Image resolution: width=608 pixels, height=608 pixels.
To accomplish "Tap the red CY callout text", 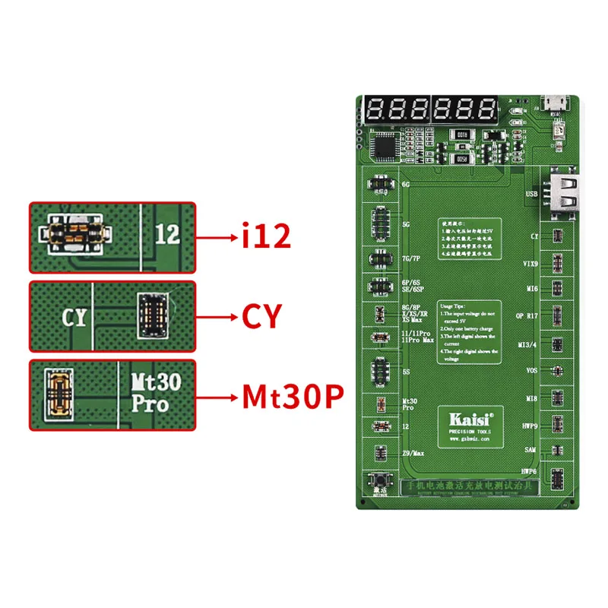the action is (x=263, y=315).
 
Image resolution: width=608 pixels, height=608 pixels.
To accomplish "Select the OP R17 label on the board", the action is (x=529, y=314).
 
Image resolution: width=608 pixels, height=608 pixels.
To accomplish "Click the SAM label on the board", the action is (x=532, y=450).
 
